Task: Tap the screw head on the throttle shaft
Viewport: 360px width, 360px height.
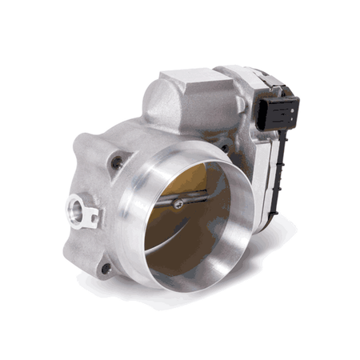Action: pos(182,201)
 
